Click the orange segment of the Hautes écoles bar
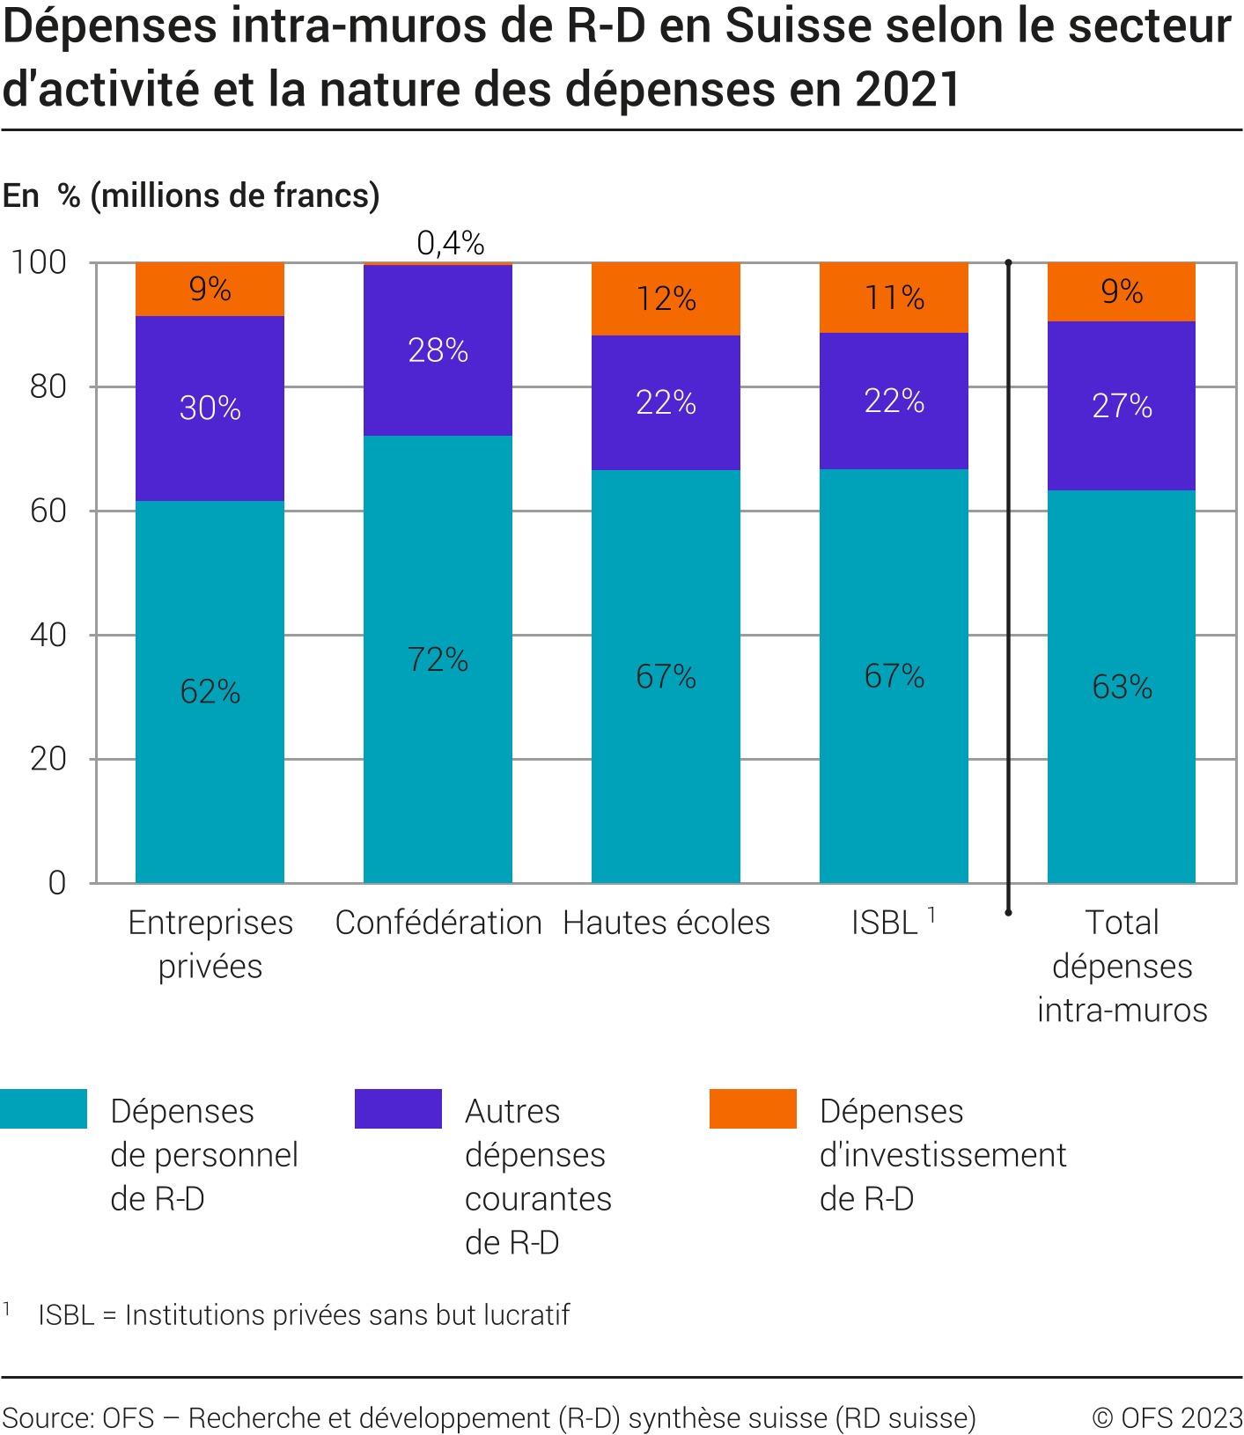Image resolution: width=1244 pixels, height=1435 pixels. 666,298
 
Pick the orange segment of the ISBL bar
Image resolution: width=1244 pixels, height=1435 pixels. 894,297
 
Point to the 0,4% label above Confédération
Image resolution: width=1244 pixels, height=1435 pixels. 451,243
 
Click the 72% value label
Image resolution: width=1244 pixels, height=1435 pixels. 438,659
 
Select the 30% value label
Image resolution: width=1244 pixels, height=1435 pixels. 210,408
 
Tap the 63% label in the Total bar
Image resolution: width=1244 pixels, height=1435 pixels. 1122,687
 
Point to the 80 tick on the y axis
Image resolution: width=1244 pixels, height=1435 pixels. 48,386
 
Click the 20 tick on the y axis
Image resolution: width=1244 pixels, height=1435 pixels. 48,759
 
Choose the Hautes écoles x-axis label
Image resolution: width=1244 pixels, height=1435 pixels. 666,923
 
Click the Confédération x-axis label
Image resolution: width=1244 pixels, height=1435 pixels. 438,923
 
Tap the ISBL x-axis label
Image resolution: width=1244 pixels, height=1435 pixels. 885,923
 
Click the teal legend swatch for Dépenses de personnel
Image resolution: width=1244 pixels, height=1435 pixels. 43,1108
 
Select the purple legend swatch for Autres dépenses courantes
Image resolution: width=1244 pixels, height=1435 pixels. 398,1108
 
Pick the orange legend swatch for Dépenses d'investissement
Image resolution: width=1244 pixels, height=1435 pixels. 753,1108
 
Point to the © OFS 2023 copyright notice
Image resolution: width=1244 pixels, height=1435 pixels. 1167,1417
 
